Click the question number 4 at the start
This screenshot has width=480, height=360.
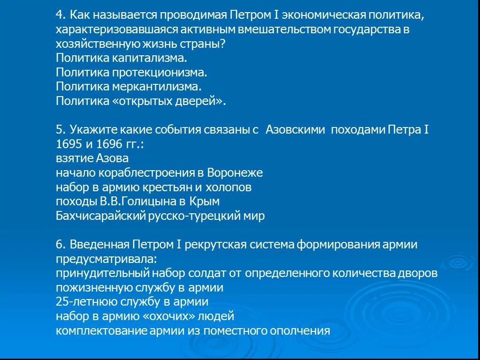point(60,15)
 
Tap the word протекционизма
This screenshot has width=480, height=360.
point(159,73)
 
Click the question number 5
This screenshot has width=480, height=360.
point(60,130)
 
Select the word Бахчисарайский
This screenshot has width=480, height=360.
point(100,216)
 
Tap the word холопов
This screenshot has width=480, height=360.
point(229,187)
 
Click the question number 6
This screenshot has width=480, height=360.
point(60,245)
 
